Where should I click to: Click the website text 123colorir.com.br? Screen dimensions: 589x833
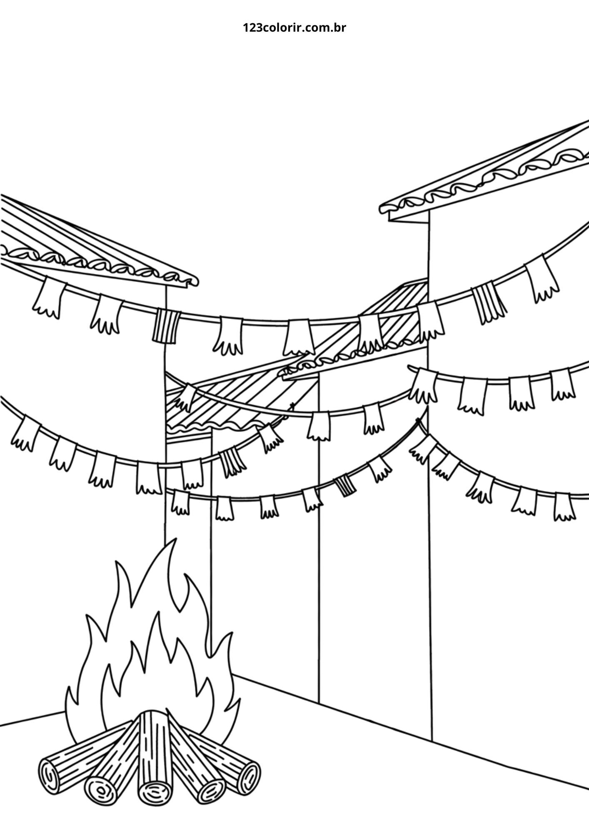pos(294,28)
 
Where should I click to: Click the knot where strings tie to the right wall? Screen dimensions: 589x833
pos(419,425)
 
